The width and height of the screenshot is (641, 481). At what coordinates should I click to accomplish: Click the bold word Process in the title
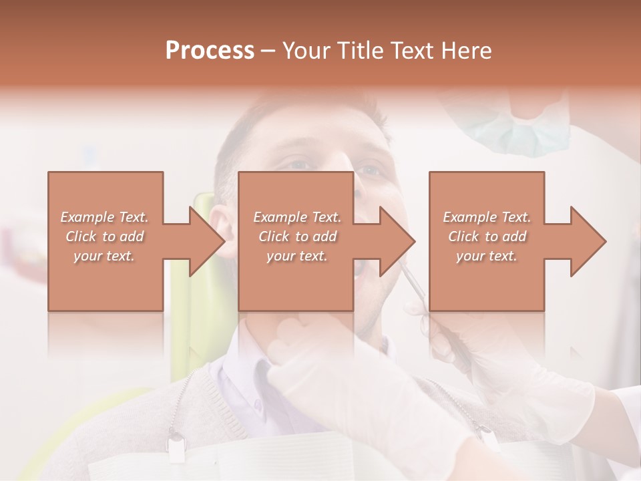tap(210, 51)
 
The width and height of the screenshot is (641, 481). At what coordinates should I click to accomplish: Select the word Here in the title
tap(468, 51)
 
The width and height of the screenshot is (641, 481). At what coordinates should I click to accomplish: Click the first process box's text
tap(105, 236)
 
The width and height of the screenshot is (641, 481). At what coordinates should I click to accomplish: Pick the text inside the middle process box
tap(296, 236)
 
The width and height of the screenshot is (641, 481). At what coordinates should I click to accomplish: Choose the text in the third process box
tap(487, 236)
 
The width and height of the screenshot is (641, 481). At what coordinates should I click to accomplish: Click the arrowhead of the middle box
tap(397, 241)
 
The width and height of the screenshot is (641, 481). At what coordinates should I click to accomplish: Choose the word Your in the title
tap(307, 51)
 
